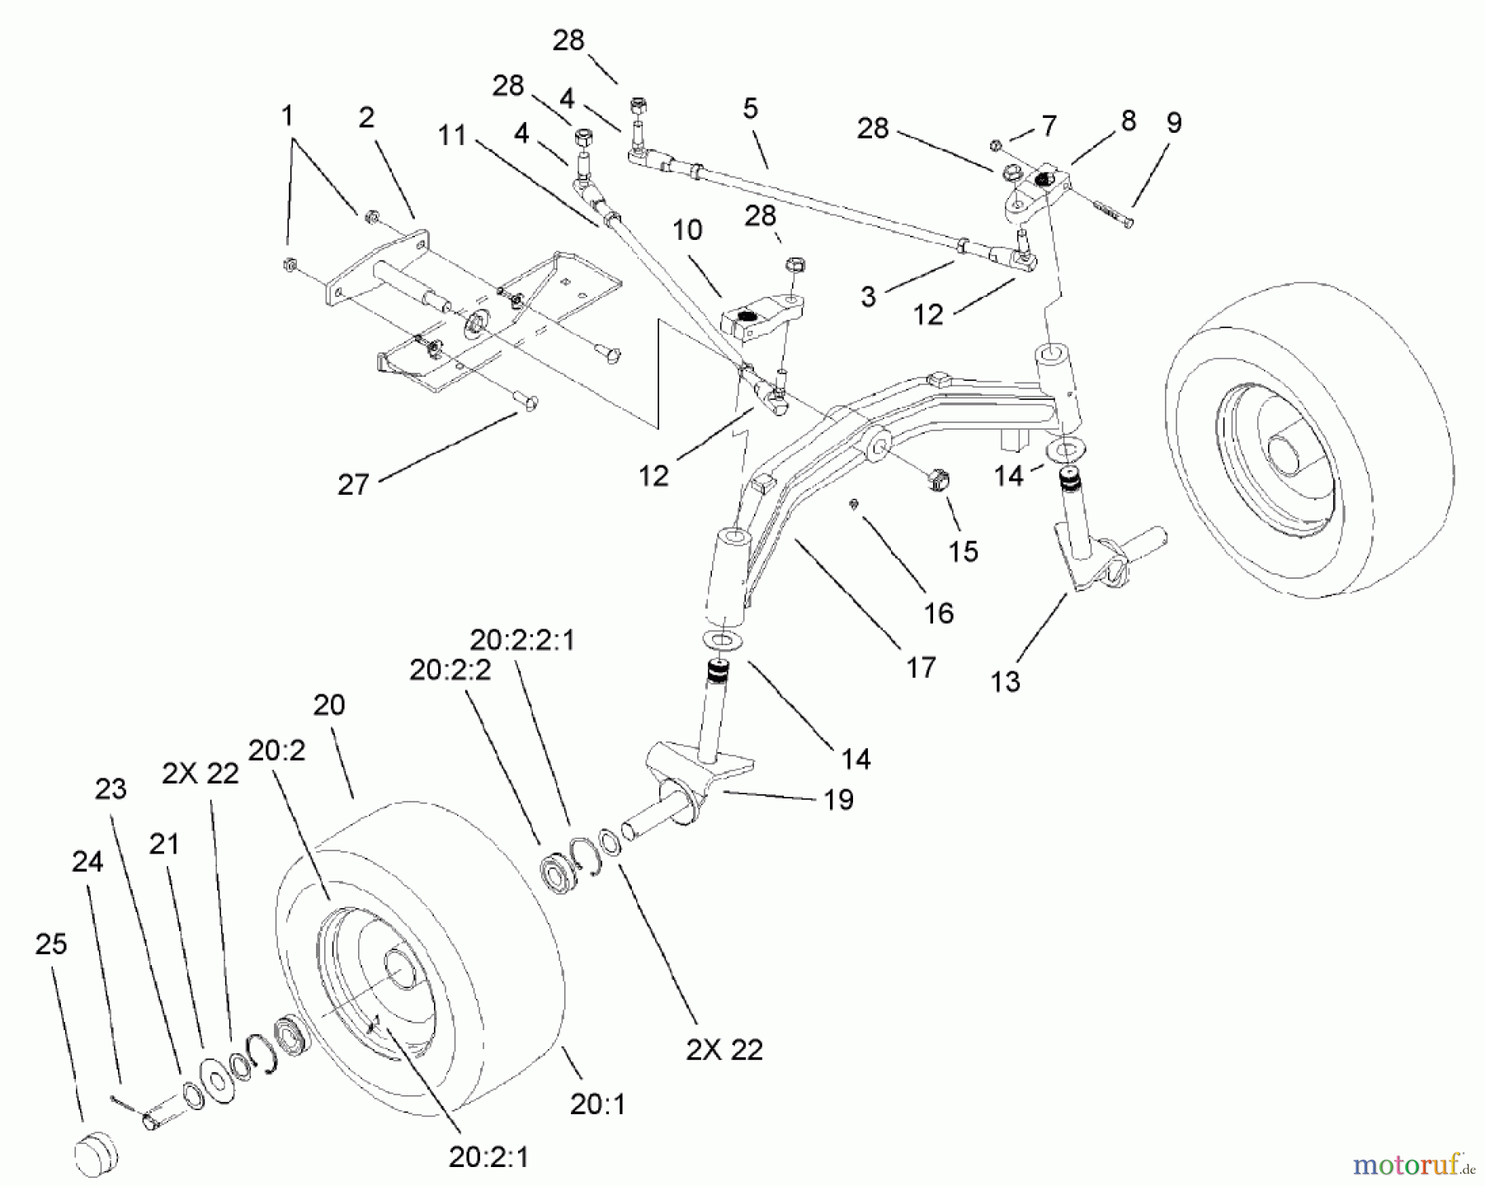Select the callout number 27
[352, 484]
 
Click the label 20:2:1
[488, 1156]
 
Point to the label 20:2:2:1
[522, 640]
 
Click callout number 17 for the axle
[921, 666]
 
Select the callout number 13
[1006, 681]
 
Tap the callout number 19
[839, 799]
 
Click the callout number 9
[1173, 123]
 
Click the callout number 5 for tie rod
[750, 109]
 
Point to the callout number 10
[687, 229]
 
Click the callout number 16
[939, 613]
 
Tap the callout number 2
[366, 117]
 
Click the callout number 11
[452, 134]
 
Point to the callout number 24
[87, 862]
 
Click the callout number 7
[1048, 126]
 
